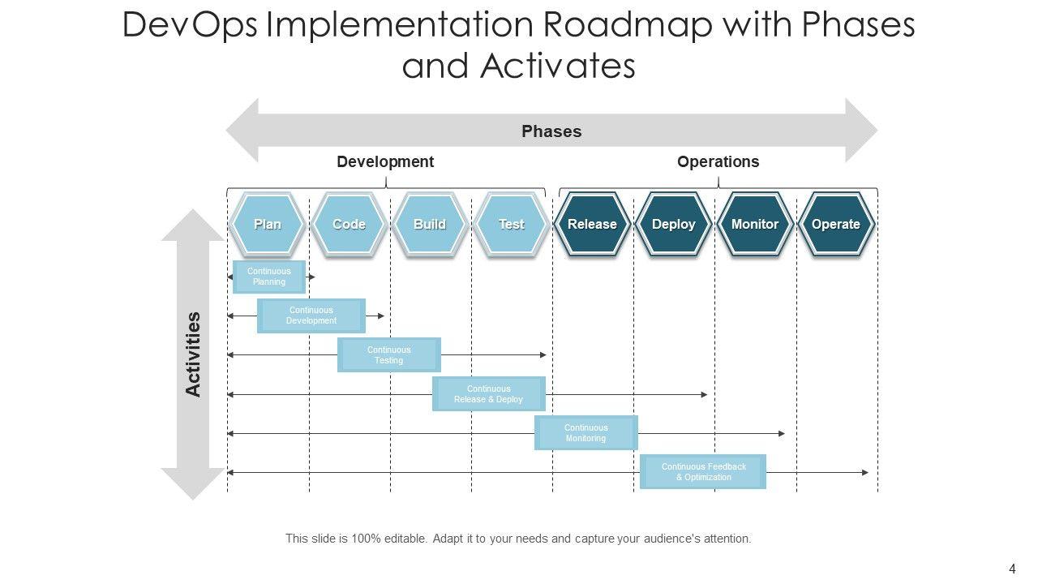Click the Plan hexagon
click(x=268, y=225)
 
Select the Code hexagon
click(x=349, y=225)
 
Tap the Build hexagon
click(x=430, y=225)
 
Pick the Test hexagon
click(x=511, y=225)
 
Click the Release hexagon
click(x=592, y=225)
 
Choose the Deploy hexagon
click(x=673, y=225)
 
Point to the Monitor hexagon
click(x=755, y=225)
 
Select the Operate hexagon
click(x=836, y=225)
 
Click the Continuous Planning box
click(x=269, y=277)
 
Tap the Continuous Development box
click(x=311, y=316)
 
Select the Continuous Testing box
click(x=389, y=355)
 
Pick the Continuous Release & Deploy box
click(x=489, y=394)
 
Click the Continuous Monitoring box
click(x=586, y=433)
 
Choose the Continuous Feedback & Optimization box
click(x=703, y=472)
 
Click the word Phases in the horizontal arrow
click(x=551, y=131)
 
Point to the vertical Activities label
click(x=193, y=354)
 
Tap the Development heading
click(x=385, y=161)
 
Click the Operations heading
click(x=718, y=161)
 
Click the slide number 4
click(x=1012, y=569)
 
